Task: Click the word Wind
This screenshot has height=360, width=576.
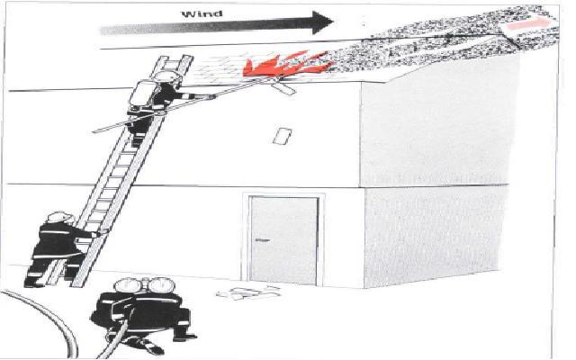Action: pos(202,13)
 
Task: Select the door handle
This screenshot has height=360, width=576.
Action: pos(260,241)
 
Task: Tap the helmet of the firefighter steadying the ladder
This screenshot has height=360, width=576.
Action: pos(59,217)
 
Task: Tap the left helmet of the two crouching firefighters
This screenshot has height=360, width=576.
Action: pos(125,287)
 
